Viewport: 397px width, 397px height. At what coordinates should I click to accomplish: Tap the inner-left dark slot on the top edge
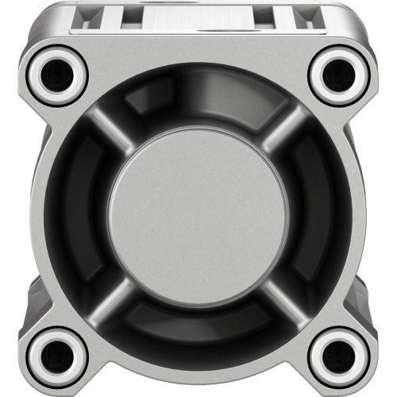127,11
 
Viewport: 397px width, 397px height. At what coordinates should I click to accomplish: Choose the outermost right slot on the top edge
304,13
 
